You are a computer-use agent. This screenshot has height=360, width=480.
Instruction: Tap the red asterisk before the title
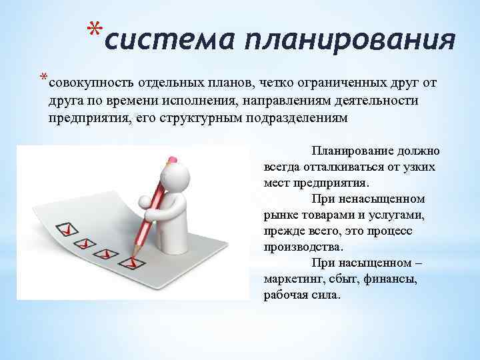95,31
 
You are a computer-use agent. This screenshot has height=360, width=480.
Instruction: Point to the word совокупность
91,83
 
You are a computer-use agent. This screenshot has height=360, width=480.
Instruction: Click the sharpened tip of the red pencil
133,255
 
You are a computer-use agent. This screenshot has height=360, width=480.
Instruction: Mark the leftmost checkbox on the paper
67,230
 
